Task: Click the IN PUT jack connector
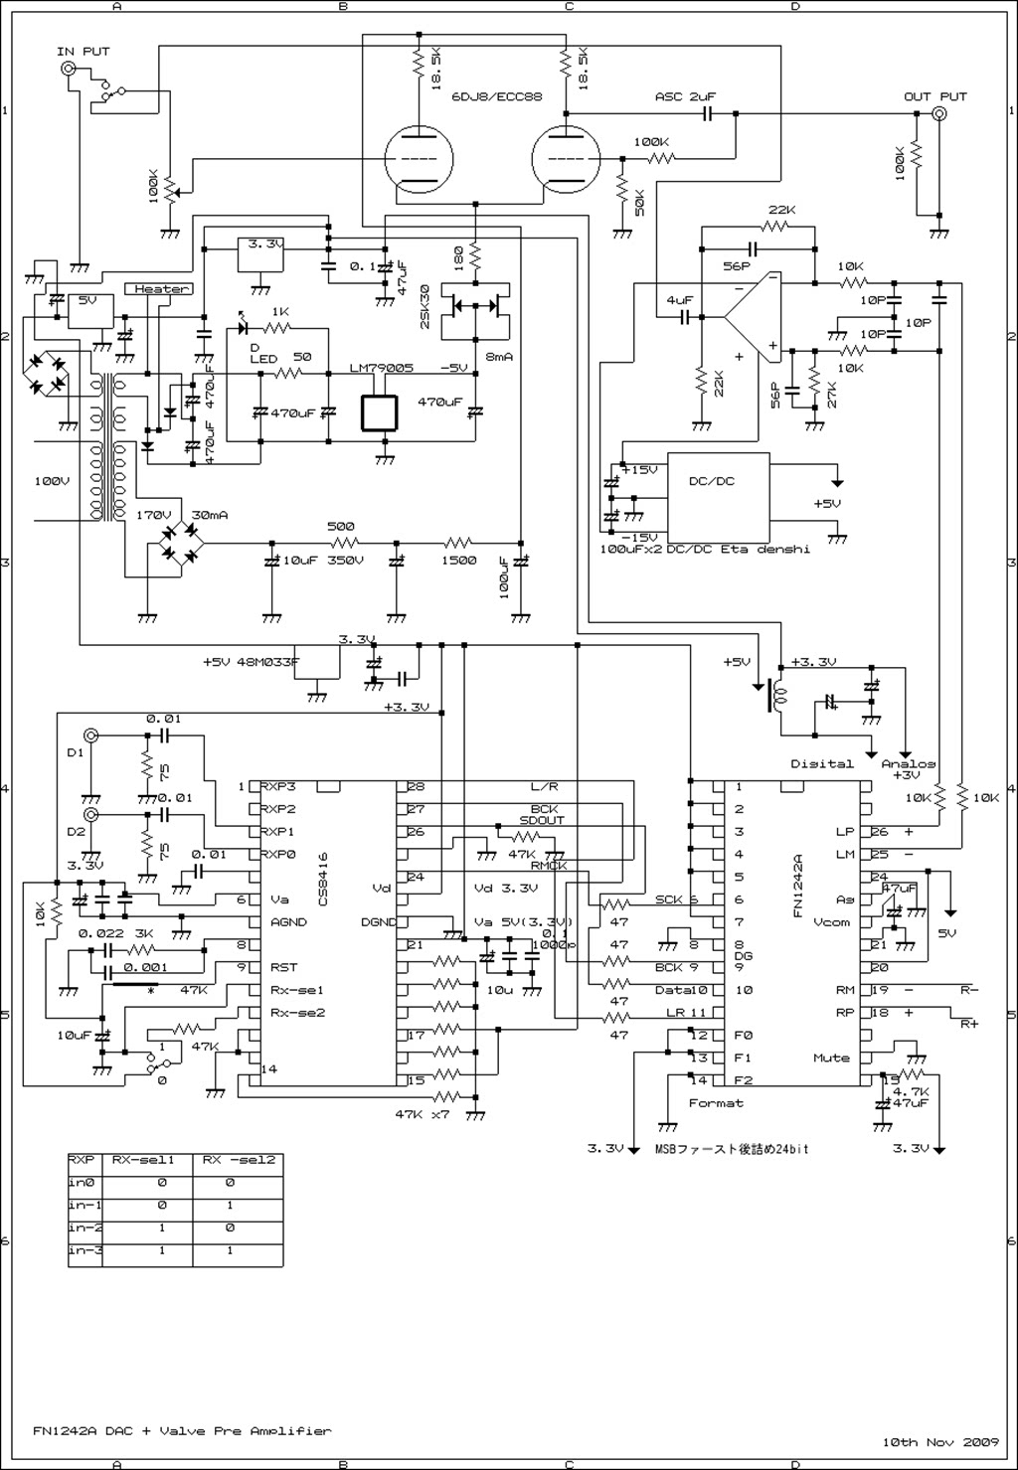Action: pyautogui.click(x=69, y=69)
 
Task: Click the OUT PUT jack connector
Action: pyautogui.click(x=937, y=115)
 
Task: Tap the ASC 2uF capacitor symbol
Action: pyautogui.click(x=707, y=115)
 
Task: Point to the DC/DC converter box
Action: pyautogui.click(x=718, y=495)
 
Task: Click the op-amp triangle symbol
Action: pyautogui.click(x=753, y=317)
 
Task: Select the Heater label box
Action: pyautogui.click(x=161, y=289)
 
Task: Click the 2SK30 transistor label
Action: pyautogui.click(x=425, y=308)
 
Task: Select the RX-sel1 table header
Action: pyautogui.click(x=142, y=1159)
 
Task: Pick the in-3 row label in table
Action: pyautogui.click(x=85, y=1250)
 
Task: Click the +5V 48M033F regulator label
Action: pyautogui.click(x=251, y=661)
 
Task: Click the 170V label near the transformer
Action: pyautogui.click(x=154, y=515)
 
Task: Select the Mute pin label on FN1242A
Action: pyautogui.click(x=831, y=1058)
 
